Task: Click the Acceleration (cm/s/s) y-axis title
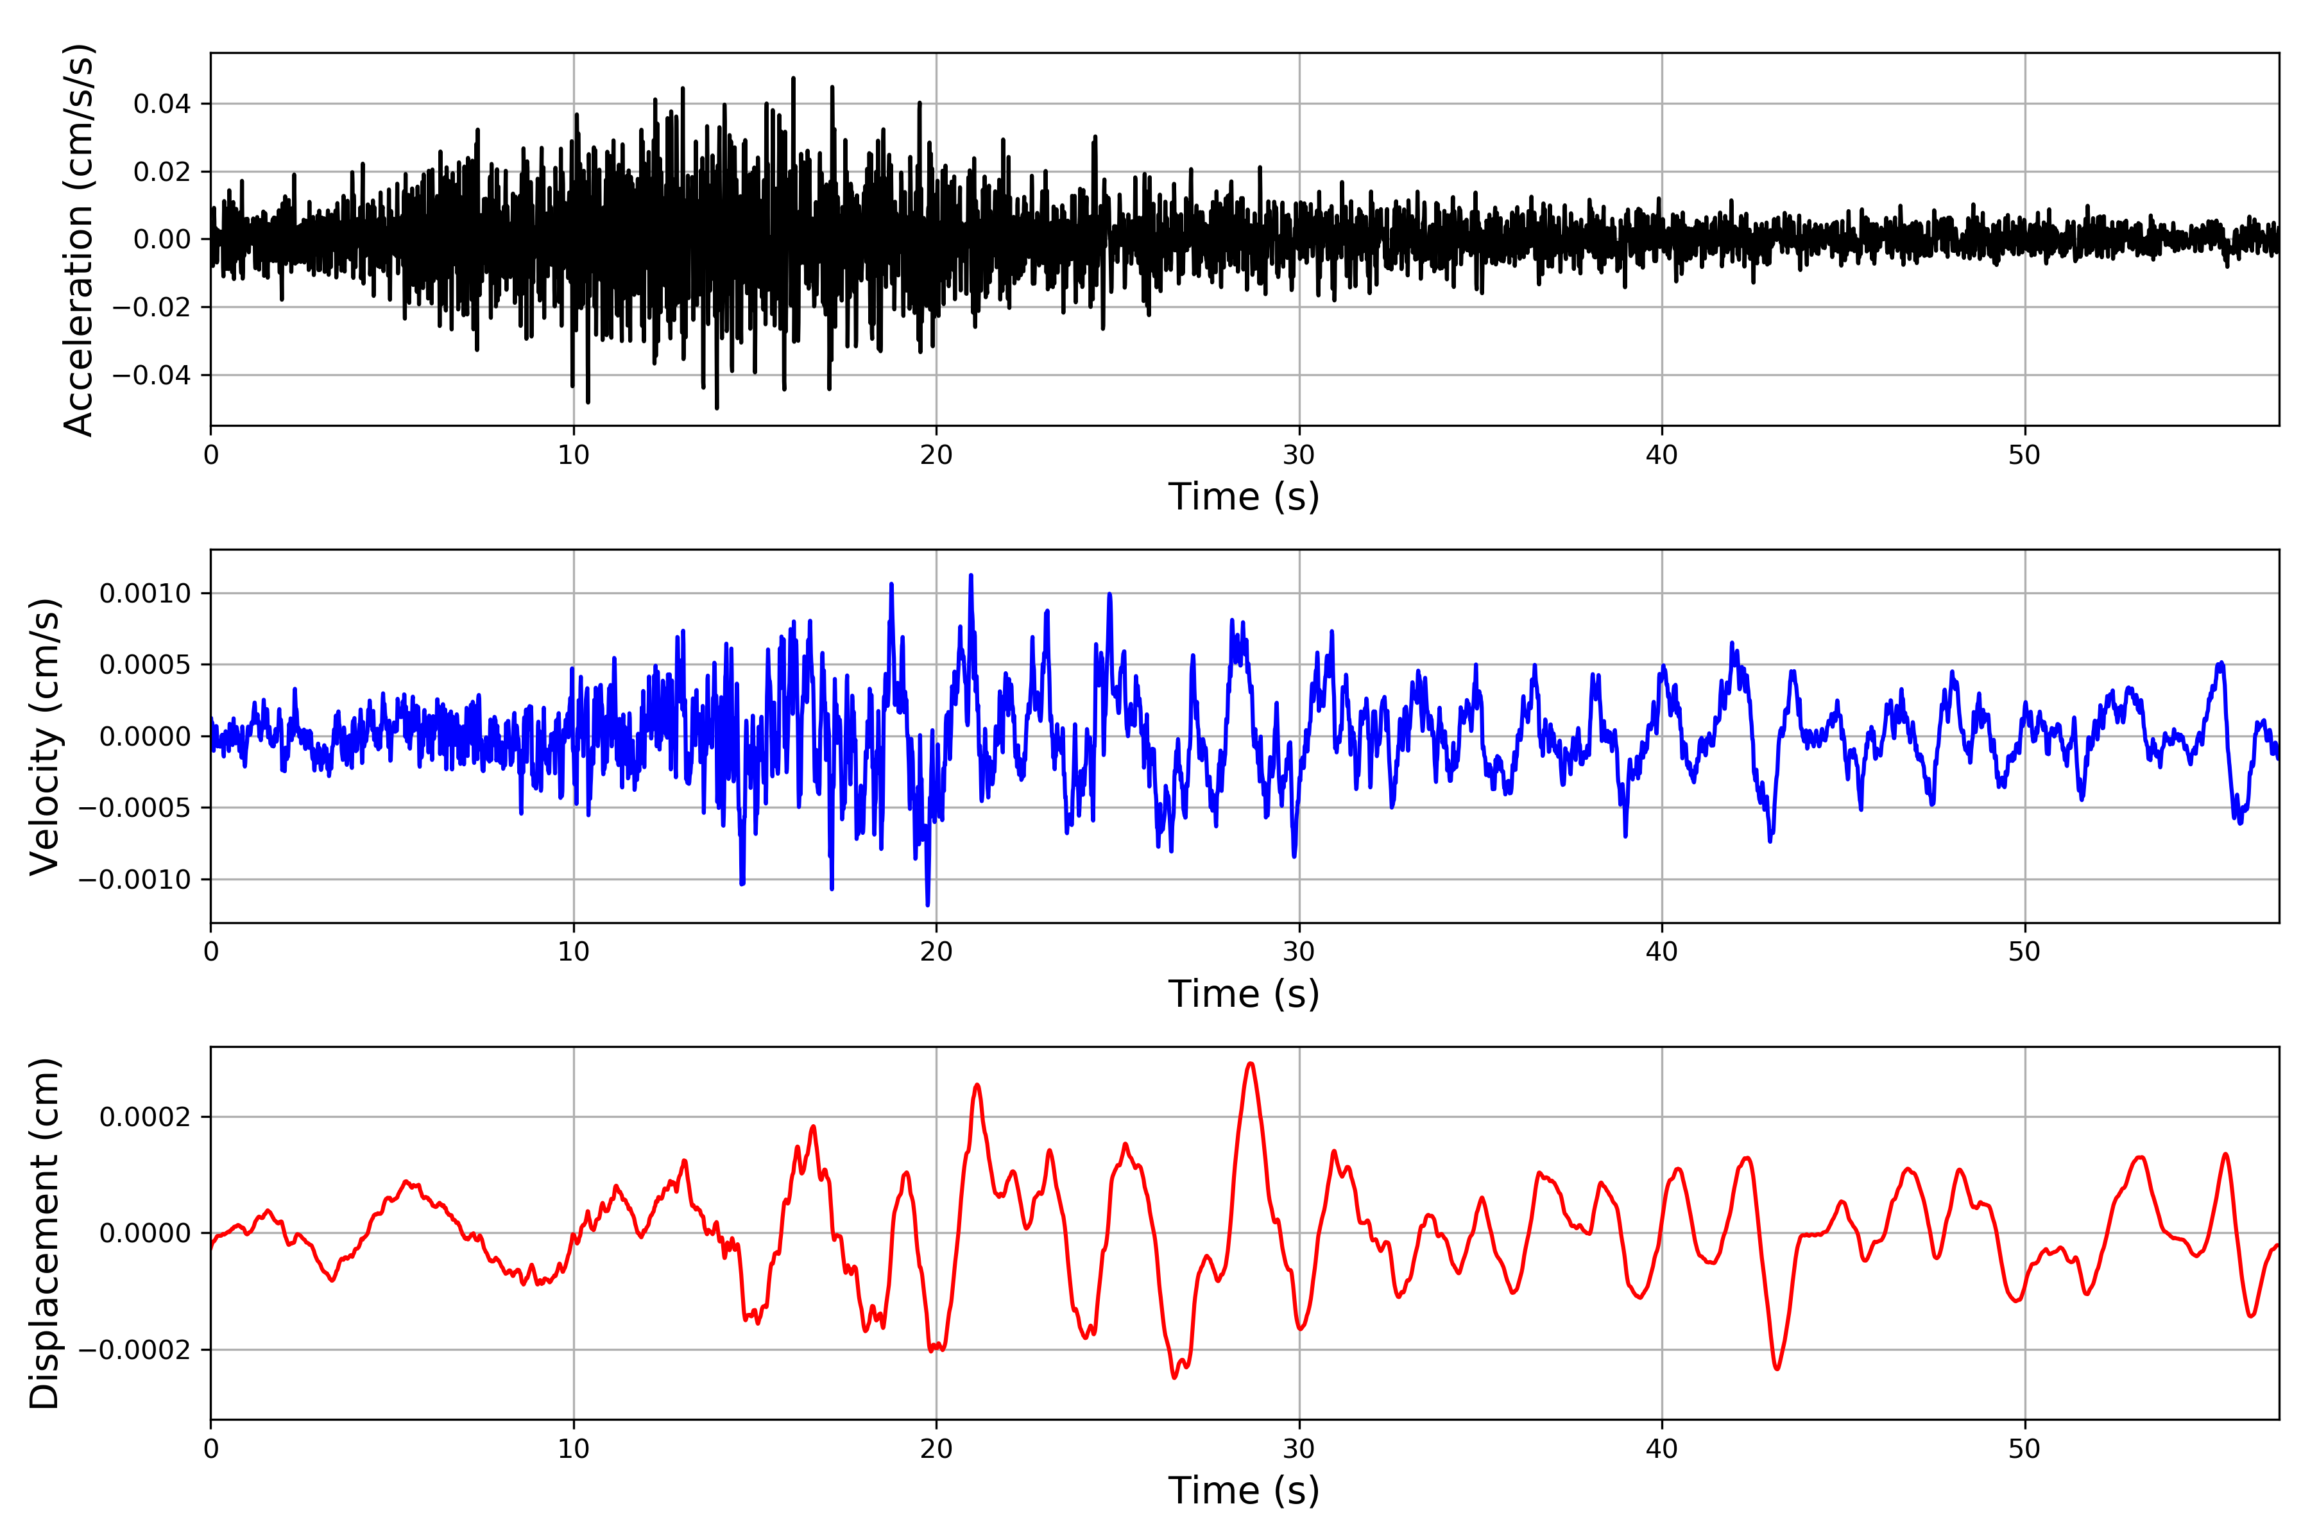(x=78, y=239)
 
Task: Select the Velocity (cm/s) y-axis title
(x=44, y=737)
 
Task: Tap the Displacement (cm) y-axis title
(x=44, y=1233)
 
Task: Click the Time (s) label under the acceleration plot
(x=1244, y=497)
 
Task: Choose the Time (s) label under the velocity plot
(x=1244, y=994)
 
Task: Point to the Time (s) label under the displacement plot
(x=1244, y=1491)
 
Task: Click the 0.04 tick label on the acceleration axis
(x=162, y=104)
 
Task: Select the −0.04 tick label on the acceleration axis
(x=151, y=375)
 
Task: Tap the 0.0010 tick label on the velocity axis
(x=146, y=593)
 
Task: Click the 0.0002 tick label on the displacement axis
(x=146, y=1118)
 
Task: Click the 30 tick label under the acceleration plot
(x=1298, y=456)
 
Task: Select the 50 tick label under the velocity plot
(x=2024, y=952)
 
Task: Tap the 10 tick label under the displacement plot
(x=574, y=1449)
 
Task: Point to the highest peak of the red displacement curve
(x=1250, y=1064)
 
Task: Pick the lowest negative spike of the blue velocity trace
(x=927, y=905)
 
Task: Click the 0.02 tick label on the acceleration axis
(x=162, y=172)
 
